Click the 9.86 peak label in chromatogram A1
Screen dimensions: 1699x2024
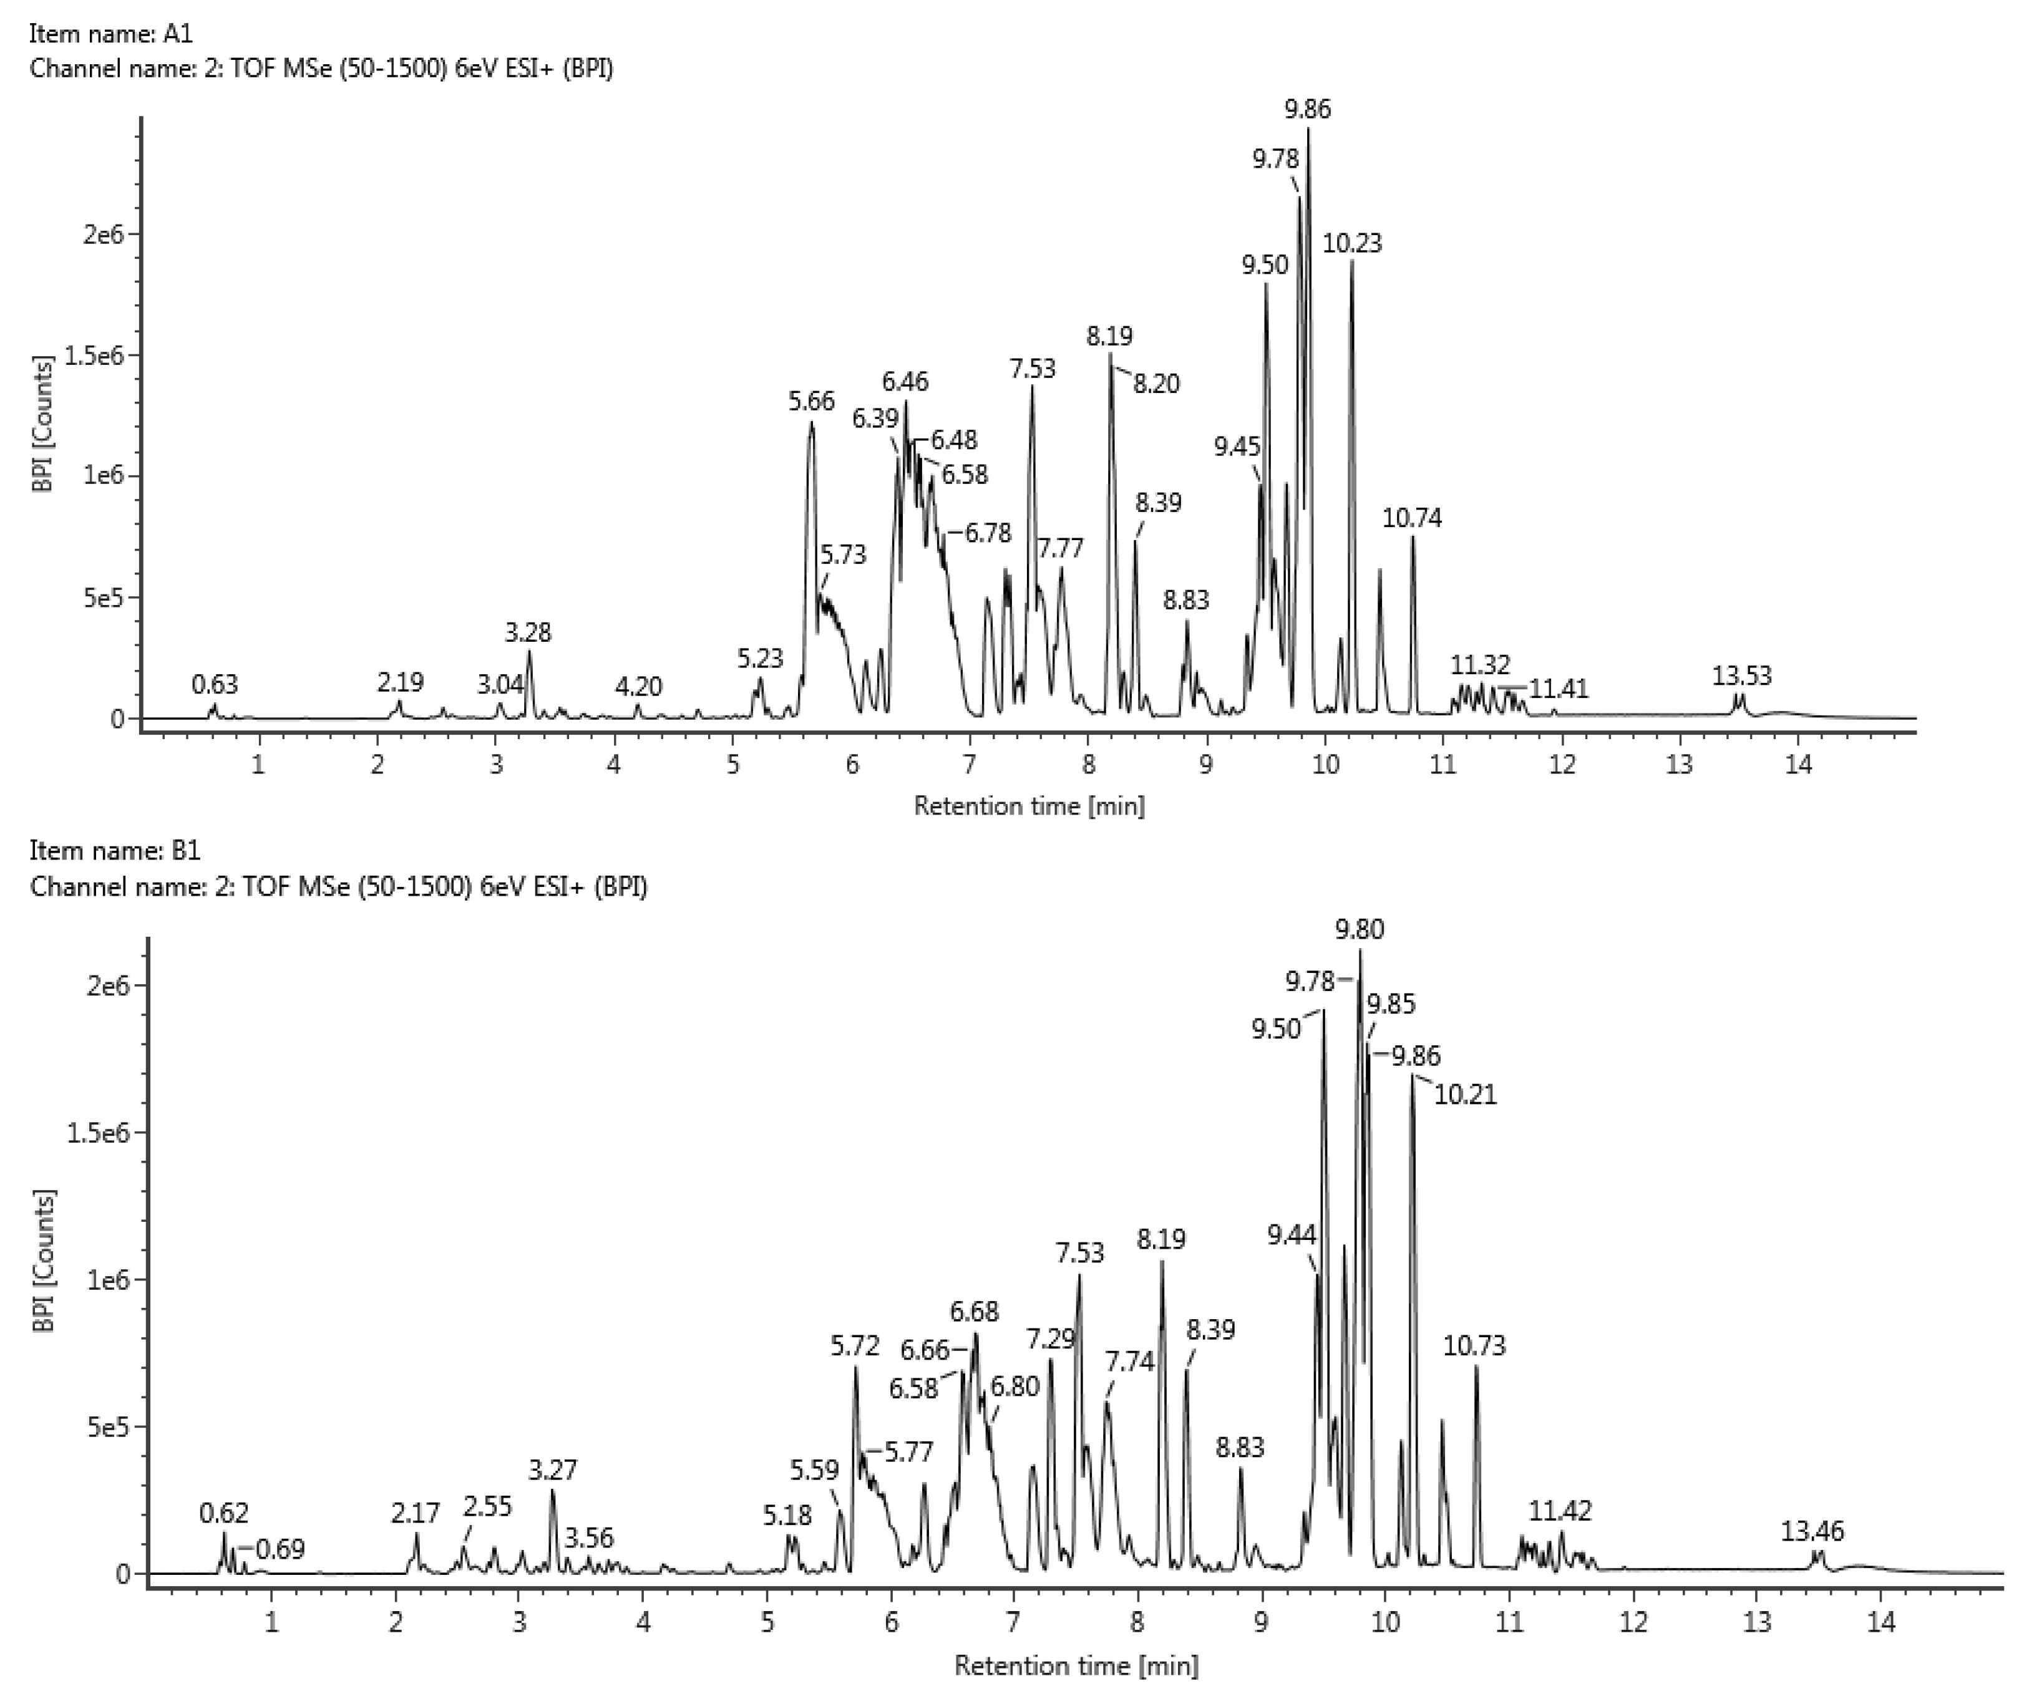click(1307, 110)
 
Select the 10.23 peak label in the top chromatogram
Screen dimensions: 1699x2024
click(1351, 244)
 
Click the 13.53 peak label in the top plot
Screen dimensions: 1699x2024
click(1741, 675)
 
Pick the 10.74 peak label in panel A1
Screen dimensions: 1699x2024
click(1411, 518)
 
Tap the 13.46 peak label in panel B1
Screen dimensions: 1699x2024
click(1812, 1531)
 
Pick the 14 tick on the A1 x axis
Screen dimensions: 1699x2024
click(1799, 766)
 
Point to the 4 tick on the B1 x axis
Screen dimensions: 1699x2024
click(643, 1623)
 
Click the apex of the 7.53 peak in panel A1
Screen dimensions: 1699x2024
click(1032, 385)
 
